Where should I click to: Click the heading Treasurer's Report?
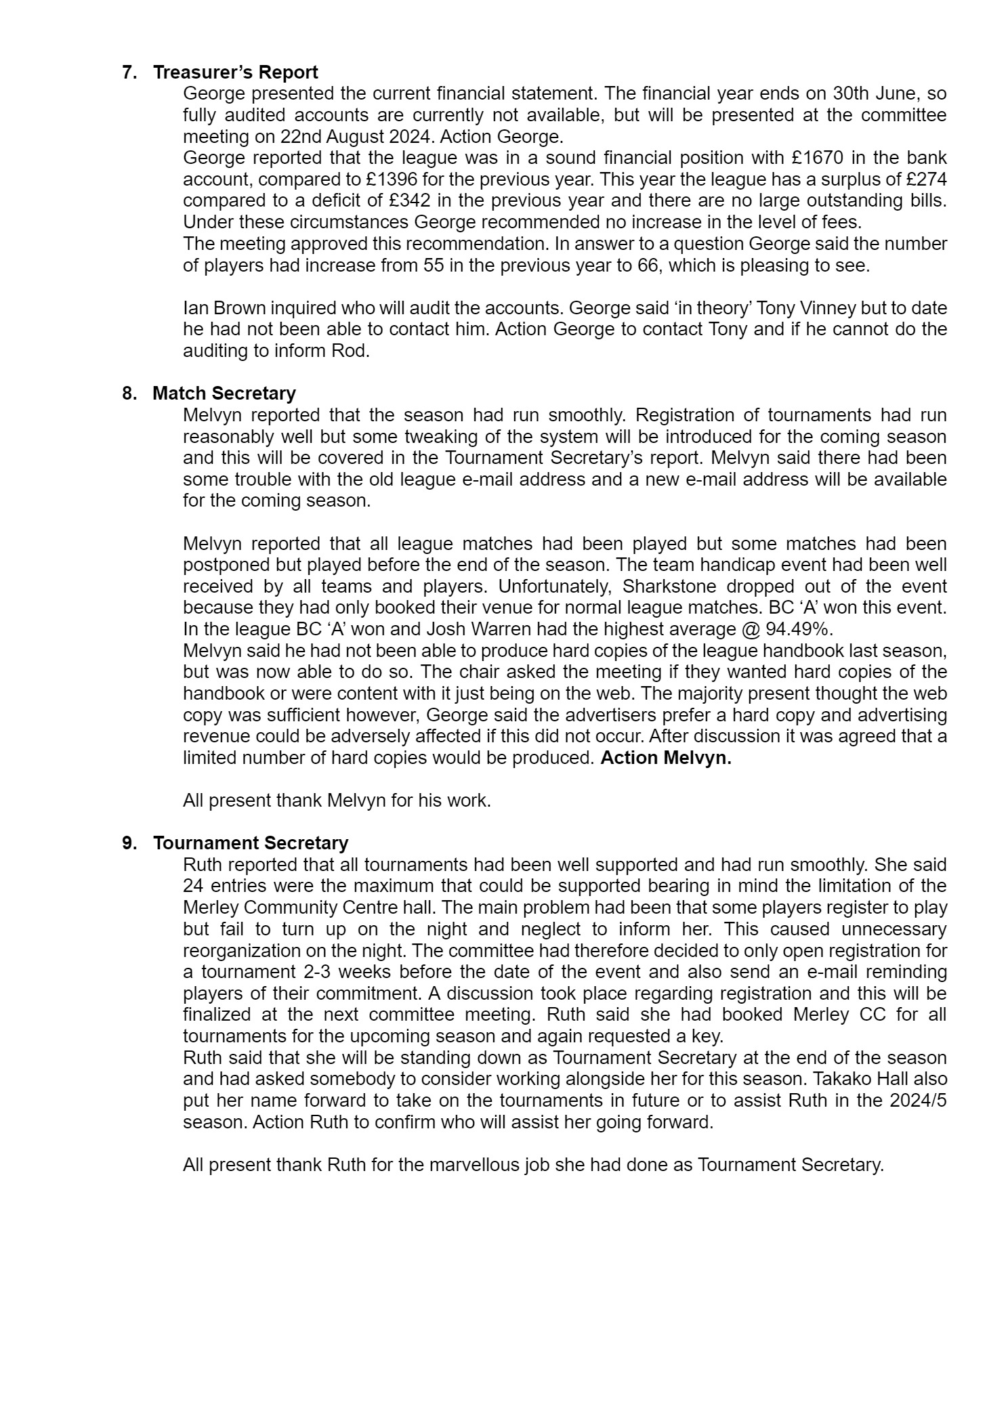(x=235, y=72)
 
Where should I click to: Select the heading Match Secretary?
(x=224, y=393)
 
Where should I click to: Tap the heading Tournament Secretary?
(x=250, y=843)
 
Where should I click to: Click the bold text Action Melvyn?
(x=666, y=758)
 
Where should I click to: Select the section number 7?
(x=129, y=72)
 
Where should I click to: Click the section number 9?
(x=129, y=843)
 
